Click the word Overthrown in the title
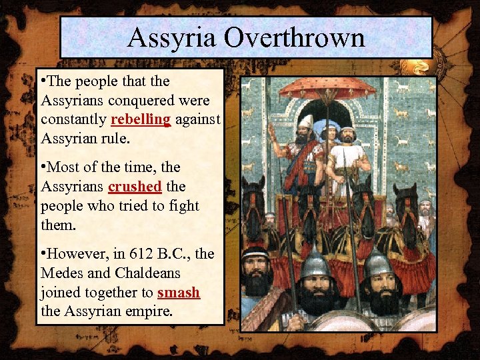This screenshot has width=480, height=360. [295, 37]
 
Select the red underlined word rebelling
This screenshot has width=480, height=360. [141, 119]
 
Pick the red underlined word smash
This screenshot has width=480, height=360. [179, 291]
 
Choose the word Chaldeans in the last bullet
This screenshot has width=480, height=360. [147, 273]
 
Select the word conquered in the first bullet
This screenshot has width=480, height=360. [147, 101]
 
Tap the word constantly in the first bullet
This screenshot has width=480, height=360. [73, 119]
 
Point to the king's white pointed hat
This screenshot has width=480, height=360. [306, 122]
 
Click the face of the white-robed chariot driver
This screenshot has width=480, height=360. [347, 136]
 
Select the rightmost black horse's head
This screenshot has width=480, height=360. [405, 200]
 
